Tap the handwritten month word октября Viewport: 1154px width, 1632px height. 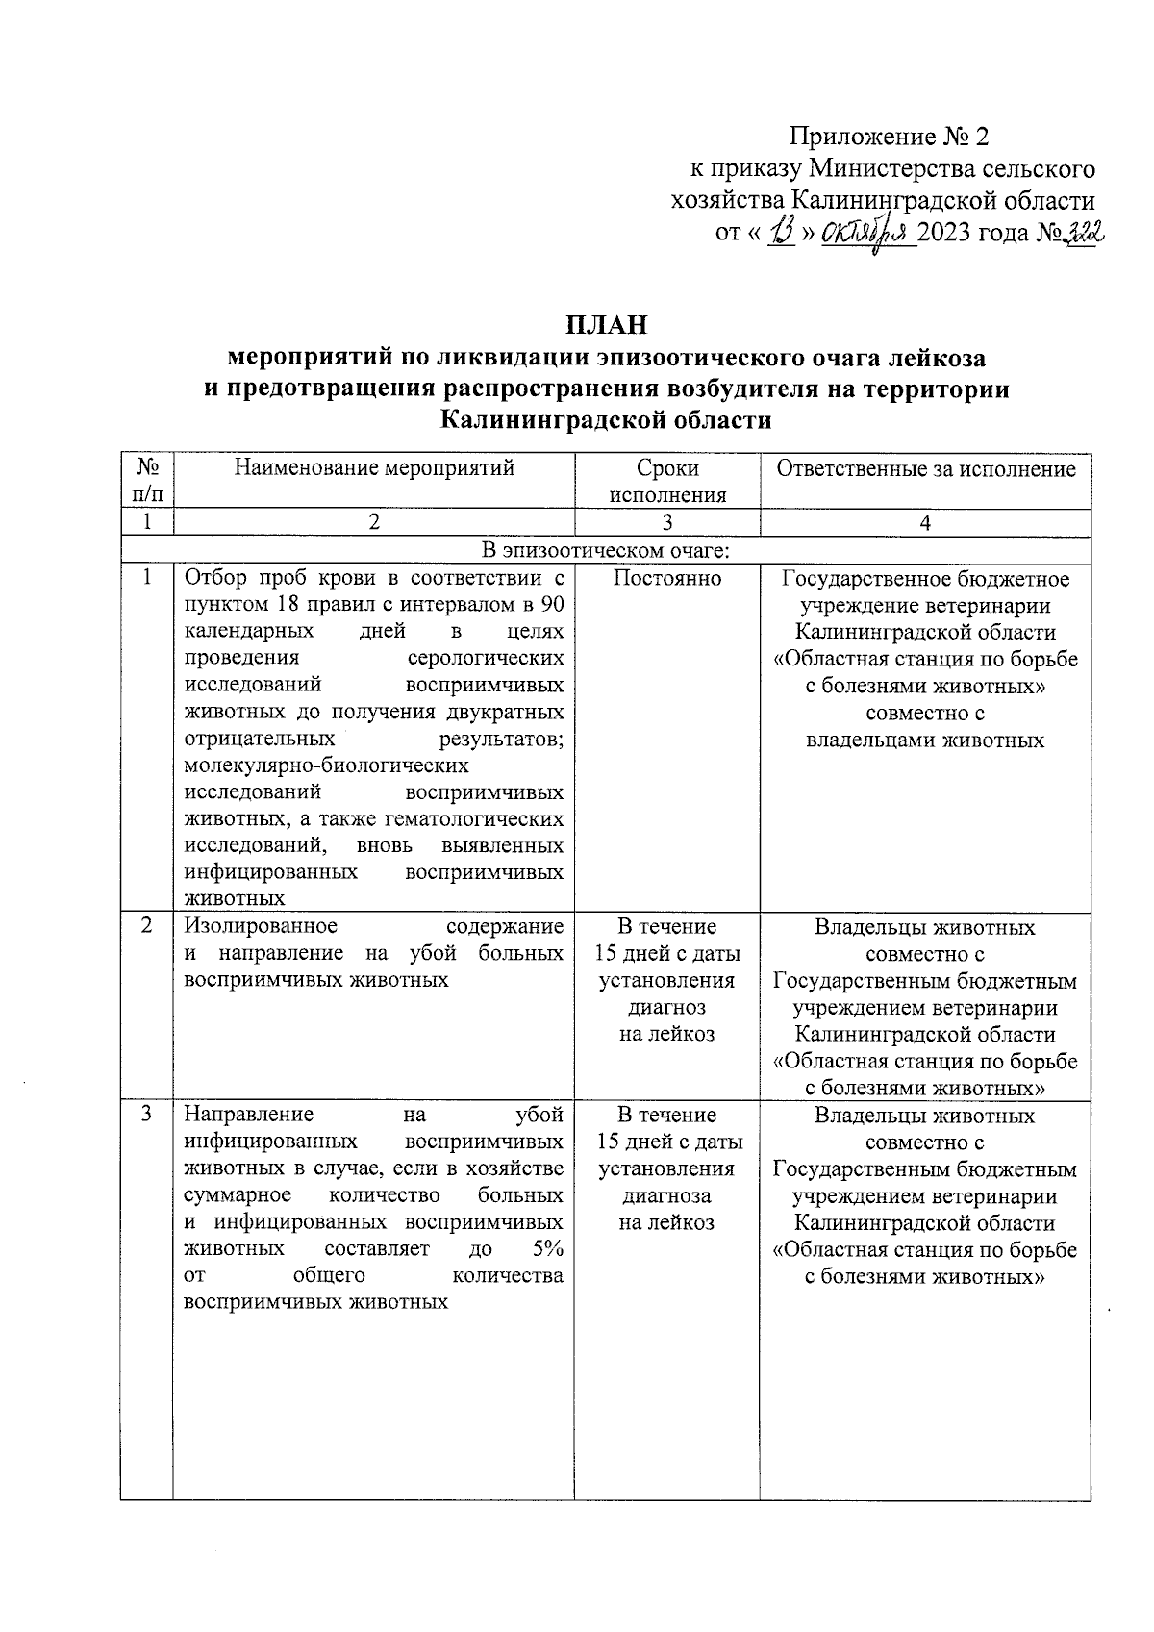coord(866,234)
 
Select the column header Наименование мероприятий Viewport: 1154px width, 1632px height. coord(374,468)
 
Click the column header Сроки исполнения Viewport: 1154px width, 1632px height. coord(666,482)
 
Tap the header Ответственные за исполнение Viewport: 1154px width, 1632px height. coord(925,468)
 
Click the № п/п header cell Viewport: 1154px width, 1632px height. coord(147,481)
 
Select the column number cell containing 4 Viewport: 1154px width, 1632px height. coord(925,522)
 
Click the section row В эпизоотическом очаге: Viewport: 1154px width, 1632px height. coord(606,550)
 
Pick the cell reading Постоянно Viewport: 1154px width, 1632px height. coord(666,578)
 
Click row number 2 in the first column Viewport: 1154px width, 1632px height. coord(147,926)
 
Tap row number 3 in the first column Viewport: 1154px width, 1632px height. coord(147,1115)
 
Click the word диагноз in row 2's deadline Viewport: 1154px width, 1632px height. coord(666,1007)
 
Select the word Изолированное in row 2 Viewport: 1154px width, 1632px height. coord(261,926)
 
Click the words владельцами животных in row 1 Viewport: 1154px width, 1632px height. coord(924,741)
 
